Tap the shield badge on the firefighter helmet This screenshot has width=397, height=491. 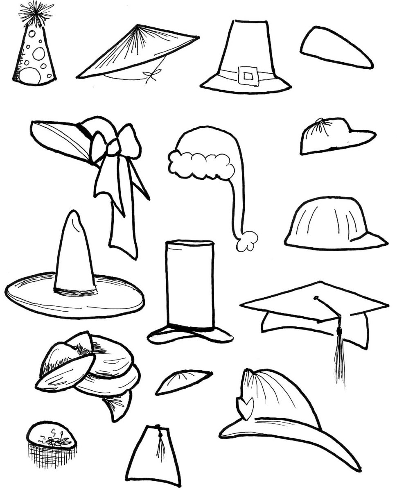[x=246, y=408]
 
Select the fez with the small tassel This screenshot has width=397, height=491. [x=153, y=455]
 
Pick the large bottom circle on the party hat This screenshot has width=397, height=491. [x=30, y=75]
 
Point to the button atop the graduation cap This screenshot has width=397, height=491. [x=316, y=298]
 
